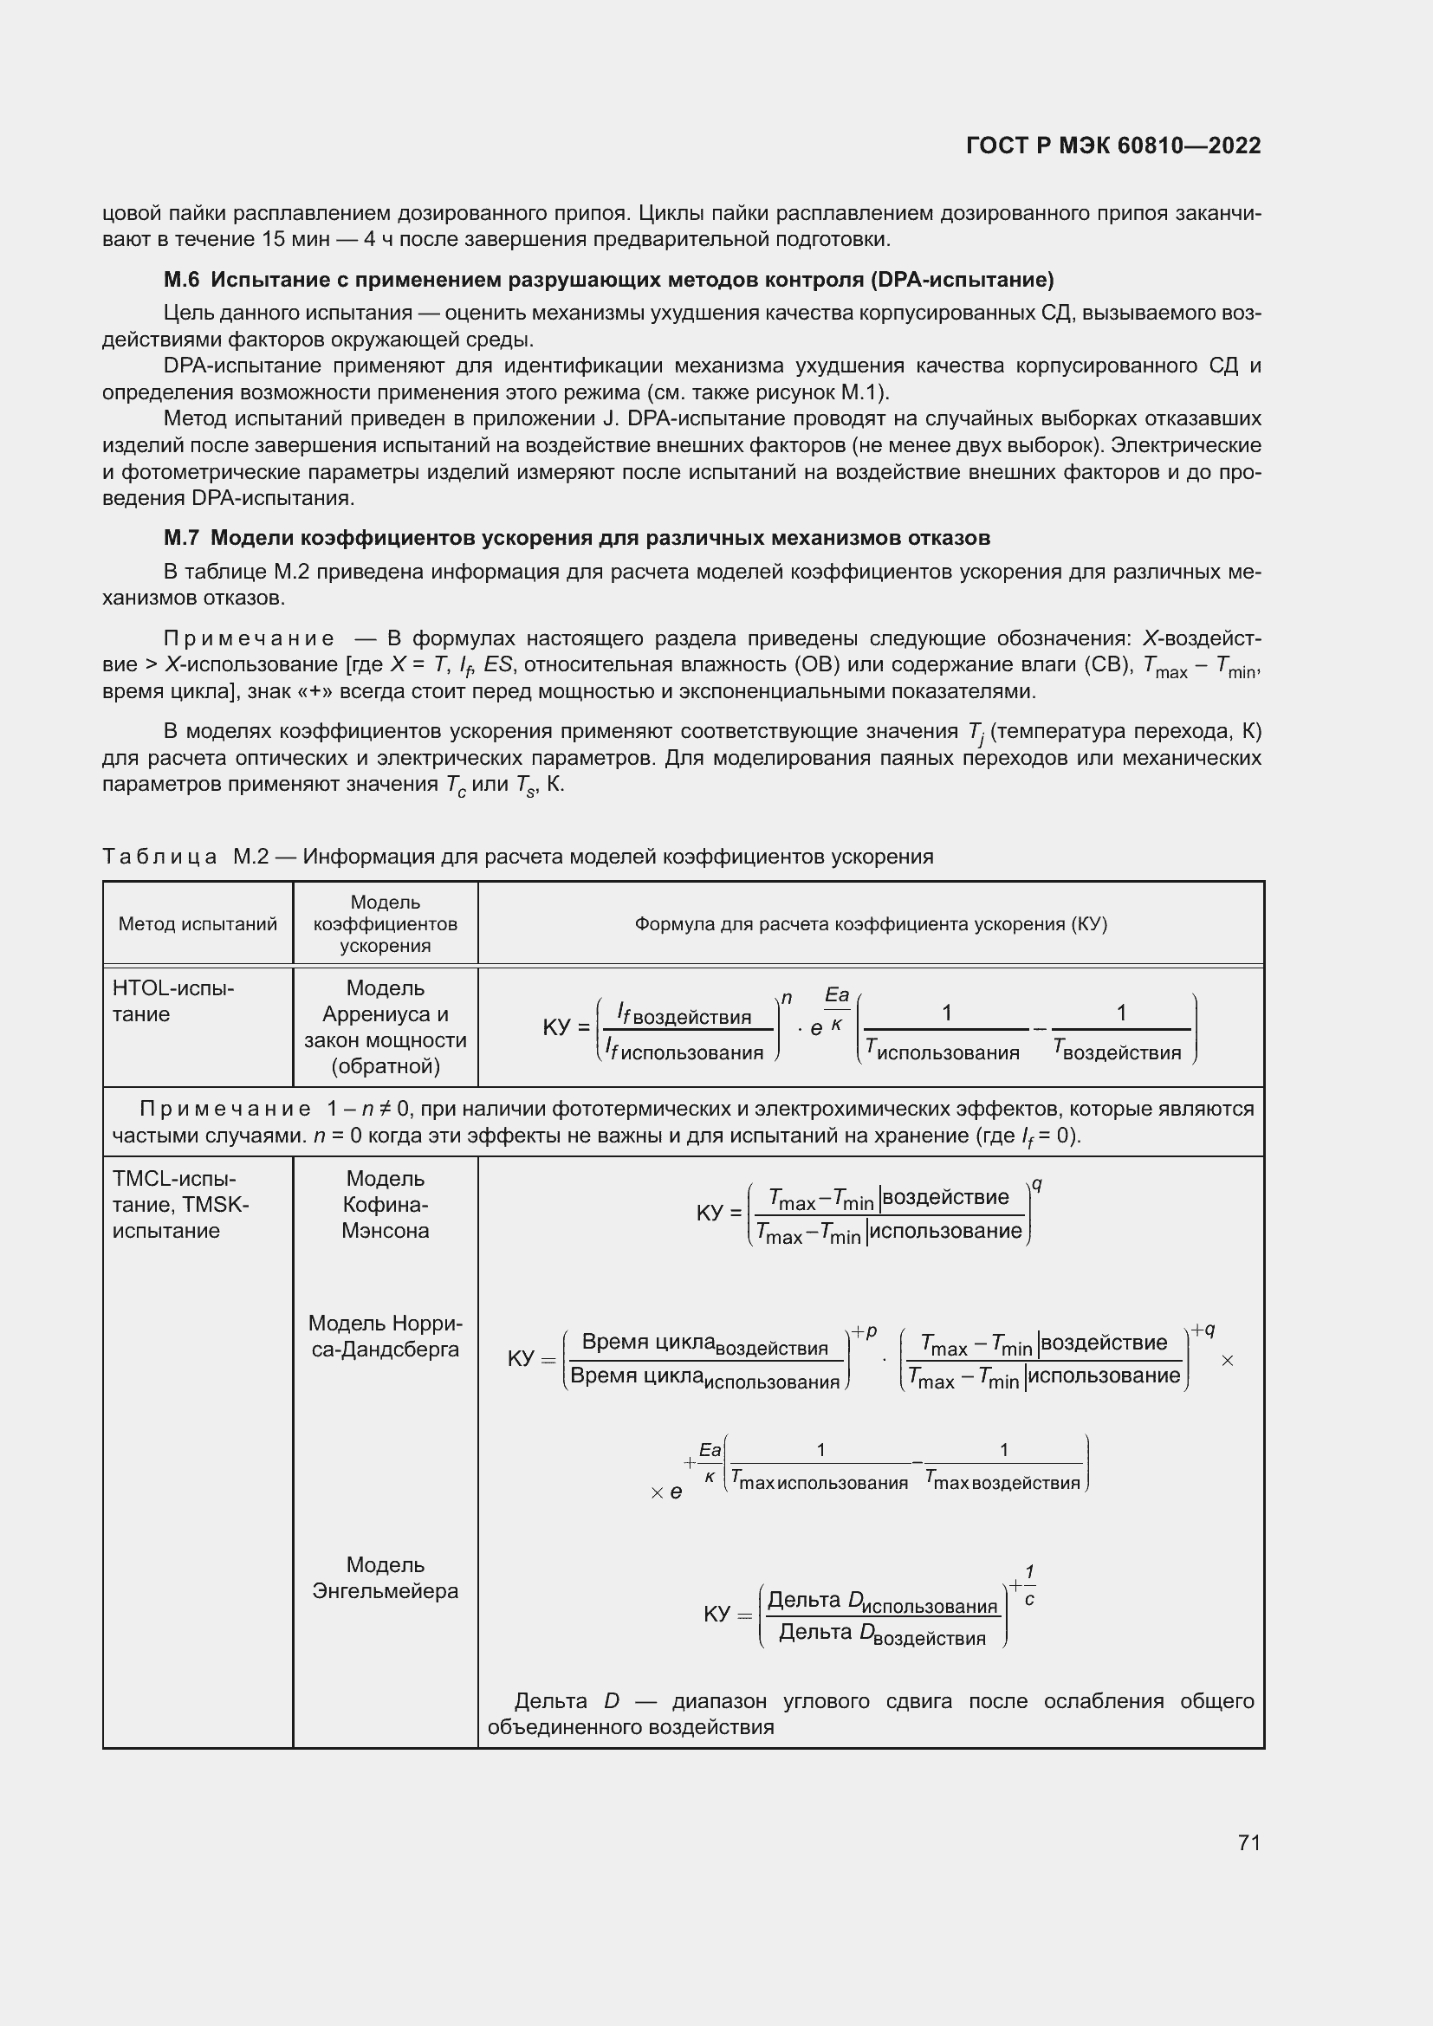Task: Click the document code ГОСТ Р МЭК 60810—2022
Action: click(x=1112, y=146)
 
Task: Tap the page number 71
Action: click(x=1248, y=1842)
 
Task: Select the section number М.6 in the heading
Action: click(x=182, y=280)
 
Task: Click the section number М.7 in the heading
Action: click(x=182, y=537)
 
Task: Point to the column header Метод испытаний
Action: click(x=198, y=924)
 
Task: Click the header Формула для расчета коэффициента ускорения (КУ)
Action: click(x=870, y=924)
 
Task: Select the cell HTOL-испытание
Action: click(x=173, y=1000)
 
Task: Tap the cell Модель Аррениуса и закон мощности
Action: click(x=385, y=1027)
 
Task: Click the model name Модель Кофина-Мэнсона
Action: click(x=385, y=1205)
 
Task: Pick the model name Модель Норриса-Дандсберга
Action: click(x=385, y=1336)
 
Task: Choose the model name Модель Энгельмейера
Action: click(x=385, y=1577)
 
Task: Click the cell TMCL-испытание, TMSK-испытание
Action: click(x=180, y=1205)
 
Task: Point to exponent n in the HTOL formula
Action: click(x=786, y=998)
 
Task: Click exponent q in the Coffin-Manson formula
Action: click(x=1038, y=1185)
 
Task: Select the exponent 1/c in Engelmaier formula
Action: click(x=1028, y=1586)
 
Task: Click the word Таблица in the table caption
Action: click(x=159, y=857)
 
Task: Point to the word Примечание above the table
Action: click(x=248, y=638)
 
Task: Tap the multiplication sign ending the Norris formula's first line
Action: click(x=1227, y=1362)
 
